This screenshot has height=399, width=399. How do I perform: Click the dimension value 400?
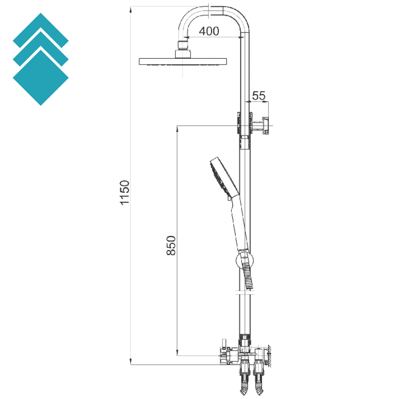point(209,31)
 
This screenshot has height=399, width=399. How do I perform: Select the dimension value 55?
point(259,95)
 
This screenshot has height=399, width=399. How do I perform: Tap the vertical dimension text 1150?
point(124,192)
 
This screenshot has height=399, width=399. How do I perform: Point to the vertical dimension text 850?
point(171,245)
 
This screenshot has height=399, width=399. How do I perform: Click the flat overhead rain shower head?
point(183,61)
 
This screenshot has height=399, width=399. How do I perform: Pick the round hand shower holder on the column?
point(245,260)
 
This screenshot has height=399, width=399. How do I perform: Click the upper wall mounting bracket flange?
point(266,125)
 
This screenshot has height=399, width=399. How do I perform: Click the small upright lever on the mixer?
point(224,343)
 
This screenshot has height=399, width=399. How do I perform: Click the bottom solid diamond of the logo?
point(41,78)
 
